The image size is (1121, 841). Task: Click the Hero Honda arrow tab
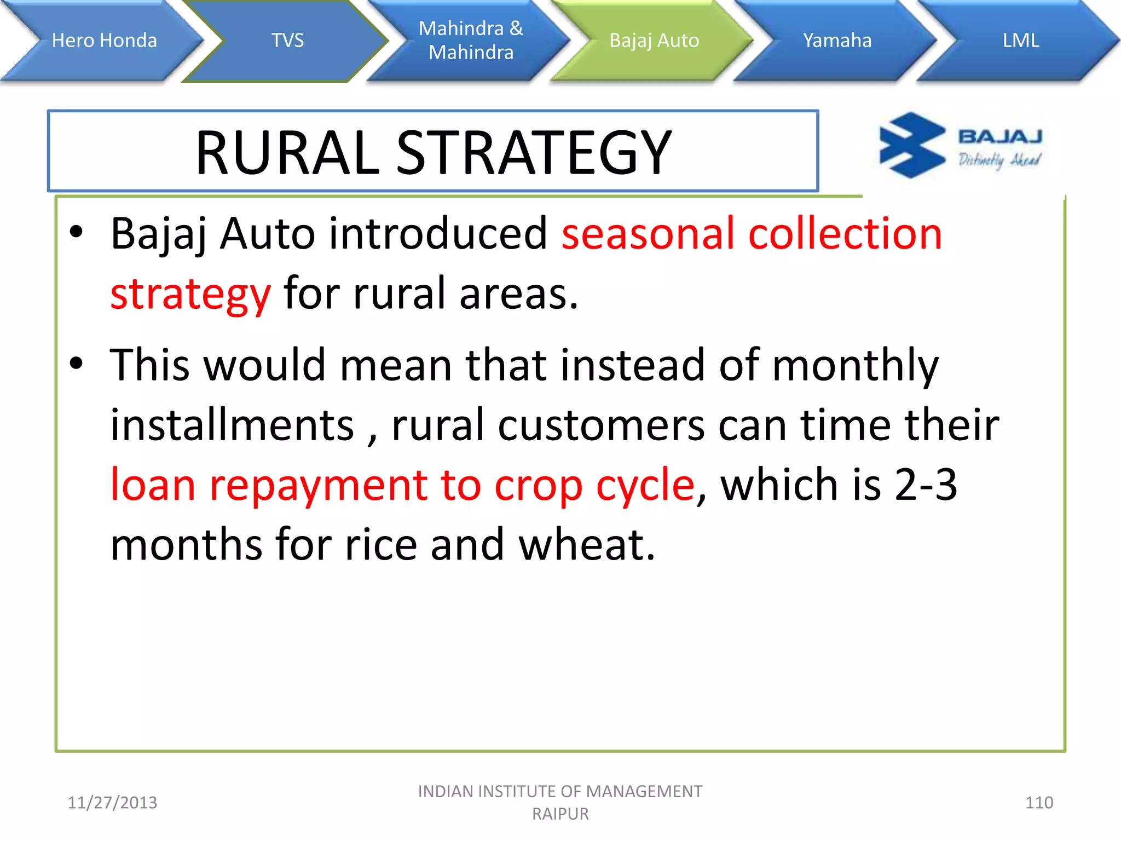tap(104, 41)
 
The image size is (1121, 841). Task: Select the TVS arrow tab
tap(287, 41)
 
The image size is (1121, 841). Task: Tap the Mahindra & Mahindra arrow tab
tap(471, 41)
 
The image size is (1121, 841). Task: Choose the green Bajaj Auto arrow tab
tap(654, 41)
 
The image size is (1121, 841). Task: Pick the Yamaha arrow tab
tap(837, 41)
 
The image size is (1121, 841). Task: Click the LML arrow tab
tap(1020, 41)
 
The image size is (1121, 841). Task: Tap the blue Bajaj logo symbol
tap(911, 145)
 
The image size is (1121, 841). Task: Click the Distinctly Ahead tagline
tap(999, 160)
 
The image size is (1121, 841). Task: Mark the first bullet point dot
tap(76, 232)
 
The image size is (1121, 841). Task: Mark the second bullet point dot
tap(76, 363)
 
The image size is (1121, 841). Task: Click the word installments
tap(232, 425)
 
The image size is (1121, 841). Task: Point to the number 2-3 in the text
tap(926, 485)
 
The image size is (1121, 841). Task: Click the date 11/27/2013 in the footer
tap(112, 803)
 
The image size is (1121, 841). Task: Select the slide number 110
tap(1038, 803)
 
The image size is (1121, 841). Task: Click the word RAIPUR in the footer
tap(560, 814)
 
